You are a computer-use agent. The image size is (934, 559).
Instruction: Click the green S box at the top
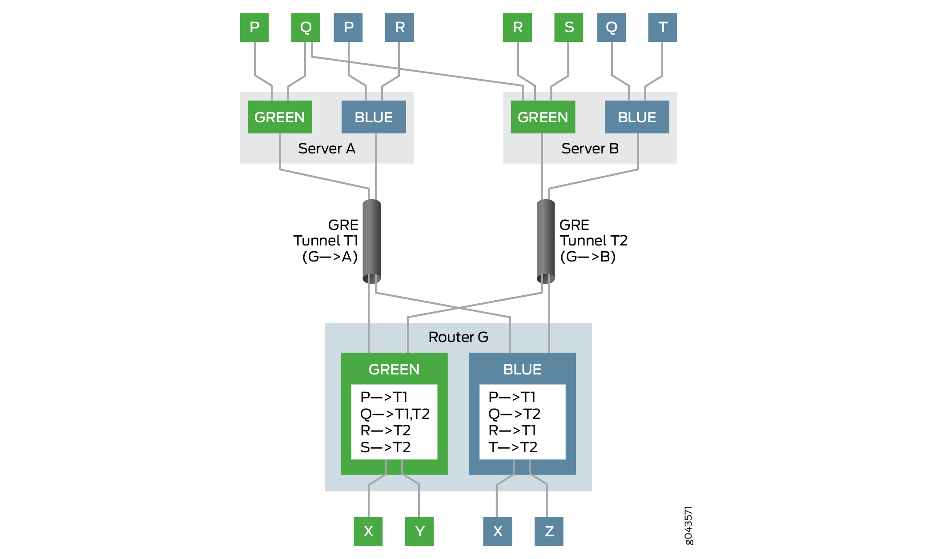[x=568, y=28]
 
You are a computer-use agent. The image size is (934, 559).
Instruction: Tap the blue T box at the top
[x=662, y=28]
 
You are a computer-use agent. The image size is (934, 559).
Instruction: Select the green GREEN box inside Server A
[x=280, y=117]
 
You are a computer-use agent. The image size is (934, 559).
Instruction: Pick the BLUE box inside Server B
[x=636, y=117]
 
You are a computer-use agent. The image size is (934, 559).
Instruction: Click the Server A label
[x=326, y=149]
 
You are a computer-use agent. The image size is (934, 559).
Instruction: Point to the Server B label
[x=590, y=149]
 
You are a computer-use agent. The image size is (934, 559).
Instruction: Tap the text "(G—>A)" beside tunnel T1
[x=330, y=257]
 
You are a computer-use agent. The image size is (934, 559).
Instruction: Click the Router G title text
[x=458, y=337]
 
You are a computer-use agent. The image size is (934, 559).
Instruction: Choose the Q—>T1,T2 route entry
[x=395, y=414]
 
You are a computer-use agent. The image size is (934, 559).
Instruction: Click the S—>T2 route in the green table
[x=385, y=447]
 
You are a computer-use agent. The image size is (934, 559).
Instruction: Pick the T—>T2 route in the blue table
[x=513, y=447]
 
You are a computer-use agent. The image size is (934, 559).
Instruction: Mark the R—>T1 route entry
[x=512, y=430]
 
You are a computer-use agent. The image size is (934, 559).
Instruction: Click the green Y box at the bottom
[x=419, y=531]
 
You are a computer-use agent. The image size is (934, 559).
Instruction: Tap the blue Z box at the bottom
[x=549, y=531]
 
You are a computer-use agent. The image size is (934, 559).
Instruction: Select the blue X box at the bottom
[x=497, y=531]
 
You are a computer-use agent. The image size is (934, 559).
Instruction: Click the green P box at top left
[x=254, y=28]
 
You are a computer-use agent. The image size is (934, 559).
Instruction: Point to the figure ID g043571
[x=688, y=525]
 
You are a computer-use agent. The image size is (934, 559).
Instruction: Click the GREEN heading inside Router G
[x=394, y=370]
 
